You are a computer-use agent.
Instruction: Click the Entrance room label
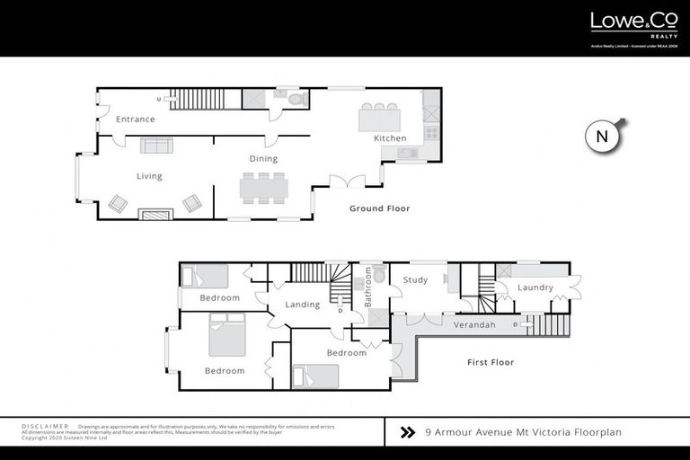pos(135,119)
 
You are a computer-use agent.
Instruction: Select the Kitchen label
pos(391,138)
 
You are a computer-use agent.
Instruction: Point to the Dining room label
pos(263,159)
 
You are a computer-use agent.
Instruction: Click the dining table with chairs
pos(263,187)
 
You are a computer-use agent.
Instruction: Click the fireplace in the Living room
pos(156,214)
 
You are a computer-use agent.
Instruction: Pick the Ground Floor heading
pos(379,208)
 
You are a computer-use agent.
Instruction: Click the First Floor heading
pos(490,362)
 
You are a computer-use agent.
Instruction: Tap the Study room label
pos(415,280)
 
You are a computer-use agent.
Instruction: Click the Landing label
pos(302,305)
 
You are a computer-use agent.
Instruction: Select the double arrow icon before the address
pos(407,432)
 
